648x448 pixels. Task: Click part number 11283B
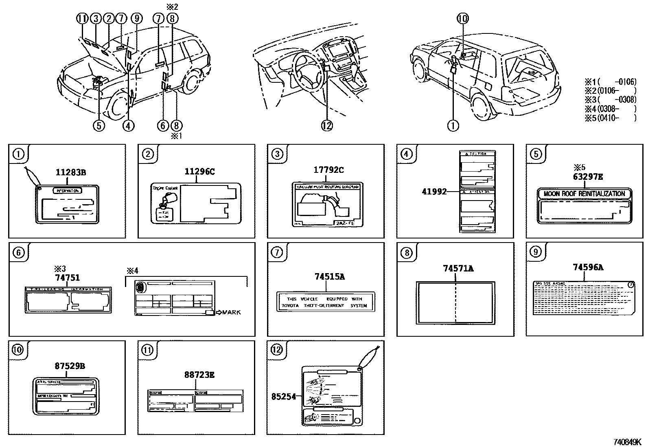tap(70, 172)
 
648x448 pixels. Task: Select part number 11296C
tap(199, 171)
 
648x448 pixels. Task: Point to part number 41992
tap(434, 191)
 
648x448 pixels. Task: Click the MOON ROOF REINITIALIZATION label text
tap(584, 194)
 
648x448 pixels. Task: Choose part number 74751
tap(67, 278)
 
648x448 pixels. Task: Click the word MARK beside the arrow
tap(231, 312)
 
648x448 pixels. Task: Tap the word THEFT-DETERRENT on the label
tap(324, 305)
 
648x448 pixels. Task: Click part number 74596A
tap(588, 267)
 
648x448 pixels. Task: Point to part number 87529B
tap(70, 366)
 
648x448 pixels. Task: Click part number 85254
tap(284, 396)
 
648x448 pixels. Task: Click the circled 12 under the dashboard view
tap(327, 126)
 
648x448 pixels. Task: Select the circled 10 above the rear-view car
tap(463, 18)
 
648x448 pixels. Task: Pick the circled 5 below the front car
tap(99, 126)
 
